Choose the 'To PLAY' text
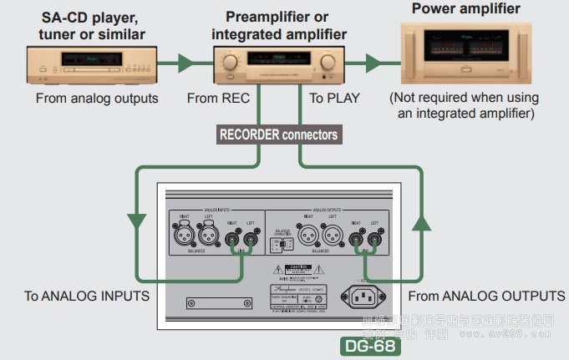(335, 99)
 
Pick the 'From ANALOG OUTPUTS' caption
(487, 295)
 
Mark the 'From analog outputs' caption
(97, 99)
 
